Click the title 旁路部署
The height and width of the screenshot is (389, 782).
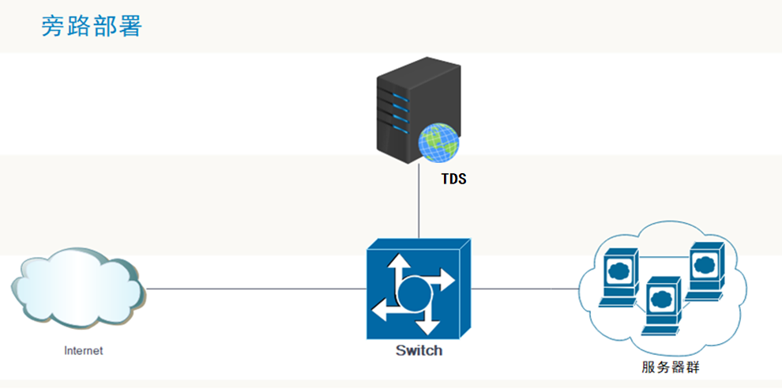[x=92, y=26]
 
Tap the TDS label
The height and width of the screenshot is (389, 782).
[x=454, y=179]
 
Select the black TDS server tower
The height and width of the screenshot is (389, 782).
[x=418, y=110]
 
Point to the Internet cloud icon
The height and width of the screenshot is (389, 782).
[x=77, y=288]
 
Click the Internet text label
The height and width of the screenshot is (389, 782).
[x=83, y=350]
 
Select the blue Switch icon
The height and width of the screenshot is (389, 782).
[x=419, y=289]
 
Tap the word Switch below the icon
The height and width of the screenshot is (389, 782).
[x=419, y=350]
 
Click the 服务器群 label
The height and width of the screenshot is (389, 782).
[x=671, y=368]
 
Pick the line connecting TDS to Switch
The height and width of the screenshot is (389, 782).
[x=419, y=202]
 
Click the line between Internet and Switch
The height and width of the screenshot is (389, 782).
[x=256, y=289]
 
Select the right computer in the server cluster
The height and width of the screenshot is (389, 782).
[x=705, y=271]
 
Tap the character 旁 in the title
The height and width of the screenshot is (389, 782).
[x=54, y=26]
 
